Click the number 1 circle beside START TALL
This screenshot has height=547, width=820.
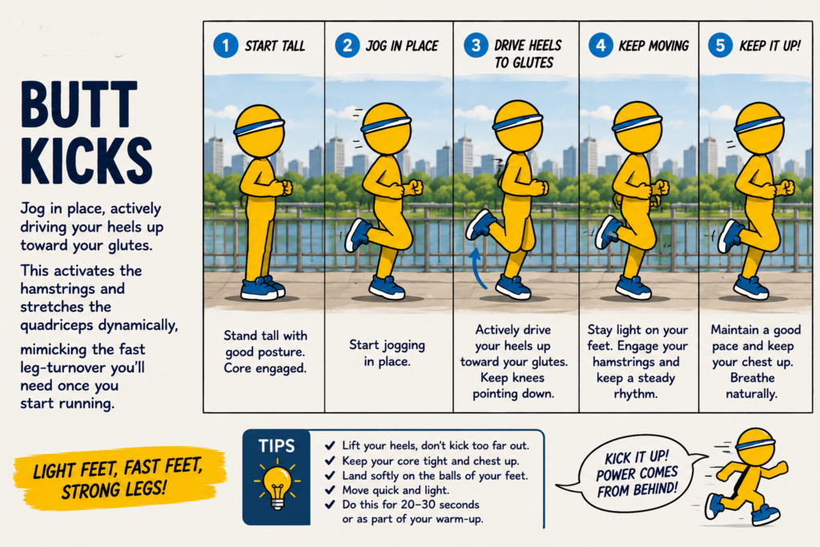226,46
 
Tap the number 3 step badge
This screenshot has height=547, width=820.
476,46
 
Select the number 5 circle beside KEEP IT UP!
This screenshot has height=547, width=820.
720,46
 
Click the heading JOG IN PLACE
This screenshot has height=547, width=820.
402,46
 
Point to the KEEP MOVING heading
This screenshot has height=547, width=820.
653,46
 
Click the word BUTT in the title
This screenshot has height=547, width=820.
79,104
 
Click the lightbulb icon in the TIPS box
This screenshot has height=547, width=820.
277,484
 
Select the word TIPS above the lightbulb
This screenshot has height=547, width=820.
276,446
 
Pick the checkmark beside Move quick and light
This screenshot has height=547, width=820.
330,490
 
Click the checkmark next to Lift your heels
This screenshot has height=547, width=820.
330,445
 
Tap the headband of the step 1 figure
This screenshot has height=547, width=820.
259,126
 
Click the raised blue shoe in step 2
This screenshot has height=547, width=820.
358,235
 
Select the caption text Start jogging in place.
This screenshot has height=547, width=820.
387,353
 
